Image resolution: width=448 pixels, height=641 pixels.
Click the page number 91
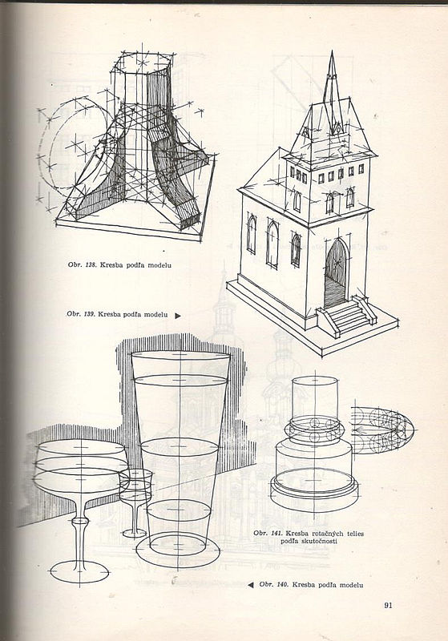click(388, 605)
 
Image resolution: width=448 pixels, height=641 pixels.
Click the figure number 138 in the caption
click(91, 265)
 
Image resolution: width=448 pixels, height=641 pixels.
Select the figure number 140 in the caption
click(282, 585)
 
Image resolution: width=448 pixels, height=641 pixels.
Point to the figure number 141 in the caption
click(276, 534)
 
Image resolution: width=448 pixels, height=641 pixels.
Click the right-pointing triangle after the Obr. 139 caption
click(178, 316)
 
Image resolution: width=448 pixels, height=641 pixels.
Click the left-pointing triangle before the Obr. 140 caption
click(251, 585)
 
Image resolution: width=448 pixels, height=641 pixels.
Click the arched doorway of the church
click(336, 274)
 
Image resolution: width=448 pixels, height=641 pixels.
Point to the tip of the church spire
click(332, 51)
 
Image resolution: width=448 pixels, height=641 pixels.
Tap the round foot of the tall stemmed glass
click(79, 572)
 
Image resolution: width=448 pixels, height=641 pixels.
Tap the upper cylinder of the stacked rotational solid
click(315, 398)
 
